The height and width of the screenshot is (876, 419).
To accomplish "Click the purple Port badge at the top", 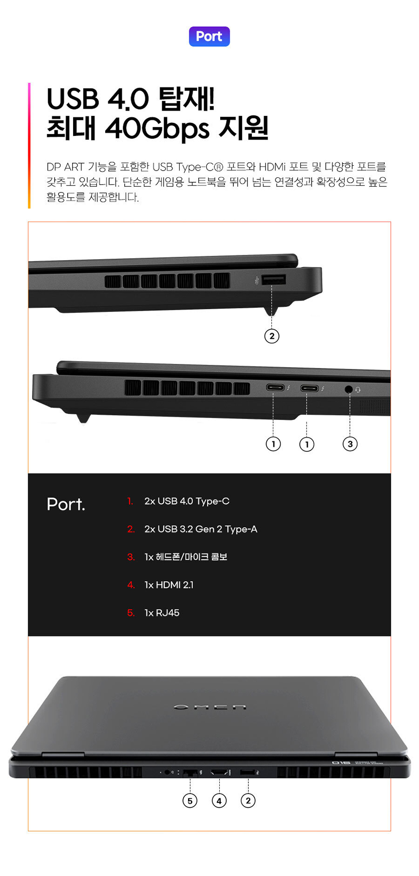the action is pos(209,37).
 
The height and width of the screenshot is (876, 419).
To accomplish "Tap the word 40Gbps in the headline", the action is pos(157,128).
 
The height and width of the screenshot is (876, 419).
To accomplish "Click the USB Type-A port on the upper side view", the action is pos(274,280).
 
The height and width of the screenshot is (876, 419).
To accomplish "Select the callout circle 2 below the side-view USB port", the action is pos(272,336).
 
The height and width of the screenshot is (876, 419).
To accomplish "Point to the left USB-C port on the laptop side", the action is pos(275,388).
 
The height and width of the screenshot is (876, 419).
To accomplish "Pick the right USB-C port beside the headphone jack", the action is pos(309,388).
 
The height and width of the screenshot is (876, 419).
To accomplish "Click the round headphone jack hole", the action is pos(348,389).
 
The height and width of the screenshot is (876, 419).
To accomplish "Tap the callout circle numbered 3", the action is pos(350,444).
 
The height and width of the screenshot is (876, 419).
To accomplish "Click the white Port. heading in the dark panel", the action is pos(66,504).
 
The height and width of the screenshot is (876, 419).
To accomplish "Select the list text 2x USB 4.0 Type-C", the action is pos(187,501).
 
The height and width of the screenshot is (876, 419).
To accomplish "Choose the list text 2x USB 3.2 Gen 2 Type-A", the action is pos(201,529).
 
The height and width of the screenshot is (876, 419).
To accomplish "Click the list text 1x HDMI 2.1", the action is pos(169,585).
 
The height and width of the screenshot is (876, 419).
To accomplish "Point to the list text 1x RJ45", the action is pos(162,613).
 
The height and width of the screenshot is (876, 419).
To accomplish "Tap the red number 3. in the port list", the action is pos(131,557).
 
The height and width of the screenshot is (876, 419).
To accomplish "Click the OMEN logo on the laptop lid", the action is pos(209,707).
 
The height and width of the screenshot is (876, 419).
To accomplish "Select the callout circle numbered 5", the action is pos(190,800).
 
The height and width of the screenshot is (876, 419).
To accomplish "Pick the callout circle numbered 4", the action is pos(219,800).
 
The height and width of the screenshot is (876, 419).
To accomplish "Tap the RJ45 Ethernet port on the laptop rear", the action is pos(190,773).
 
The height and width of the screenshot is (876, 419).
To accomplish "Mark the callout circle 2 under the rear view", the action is pos(248,800).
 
